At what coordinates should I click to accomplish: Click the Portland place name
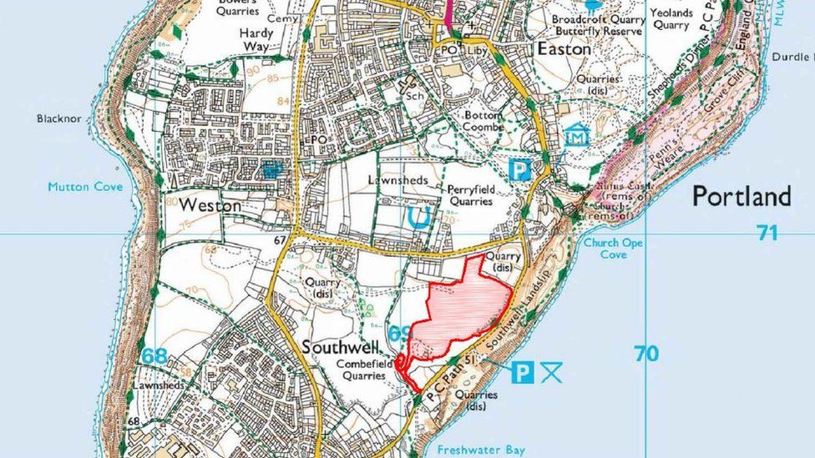point(741,197)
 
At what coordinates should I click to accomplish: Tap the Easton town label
point(564,49)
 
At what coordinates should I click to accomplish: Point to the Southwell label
point(341,346)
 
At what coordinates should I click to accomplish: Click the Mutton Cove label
point(85,187)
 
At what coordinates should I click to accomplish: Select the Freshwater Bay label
point(481,450)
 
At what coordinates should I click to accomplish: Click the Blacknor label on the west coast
point(59,118)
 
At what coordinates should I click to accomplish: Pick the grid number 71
point(767,233)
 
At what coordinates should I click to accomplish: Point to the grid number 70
point(645,354)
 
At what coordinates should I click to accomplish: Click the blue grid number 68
point(154,356)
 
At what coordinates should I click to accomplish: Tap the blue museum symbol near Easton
point(577,134)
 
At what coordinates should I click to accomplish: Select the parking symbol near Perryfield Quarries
point(520,171)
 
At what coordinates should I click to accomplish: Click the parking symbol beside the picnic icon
point(522,372)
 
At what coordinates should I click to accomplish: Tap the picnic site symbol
point(551,372)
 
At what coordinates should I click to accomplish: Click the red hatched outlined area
point(461,309)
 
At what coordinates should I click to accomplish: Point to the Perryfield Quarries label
point(472,195)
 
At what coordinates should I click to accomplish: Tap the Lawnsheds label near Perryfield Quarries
point(398,180)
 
